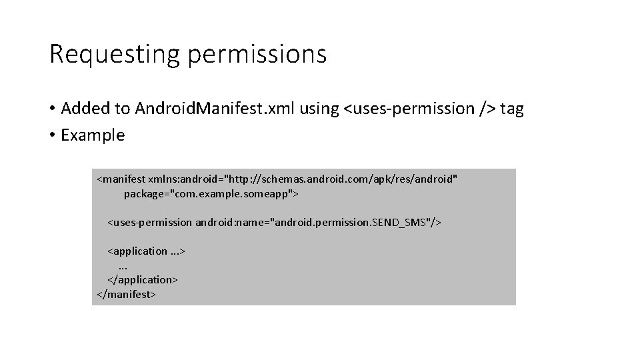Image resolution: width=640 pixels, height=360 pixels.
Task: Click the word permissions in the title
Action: (257, 55)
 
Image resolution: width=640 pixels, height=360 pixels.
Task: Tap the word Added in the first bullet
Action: (87, 108)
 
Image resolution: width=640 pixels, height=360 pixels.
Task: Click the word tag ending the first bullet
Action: (512, 108)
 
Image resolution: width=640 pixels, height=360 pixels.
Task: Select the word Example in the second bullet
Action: (93, 135)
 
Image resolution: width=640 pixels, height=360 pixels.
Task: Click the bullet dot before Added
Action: (52, 109)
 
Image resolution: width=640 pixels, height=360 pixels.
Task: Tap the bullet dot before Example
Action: (52, 135)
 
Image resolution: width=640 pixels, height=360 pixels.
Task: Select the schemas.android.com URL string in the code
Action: (342, 180)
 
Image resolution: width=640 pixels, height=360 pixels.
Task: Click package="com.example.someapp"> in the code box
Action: (211, 194)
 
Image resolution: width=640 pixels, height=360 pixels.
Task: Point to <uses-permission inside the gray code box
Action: (149, 222)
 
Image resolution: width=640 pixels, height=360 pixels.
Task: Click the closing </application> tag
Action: (143, 279)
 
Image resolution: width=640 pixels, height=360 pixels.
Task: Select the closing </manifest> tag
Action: (126, 293)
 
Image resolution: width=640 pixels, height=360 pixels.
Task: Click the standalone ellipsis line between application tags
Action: (123, 265)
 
